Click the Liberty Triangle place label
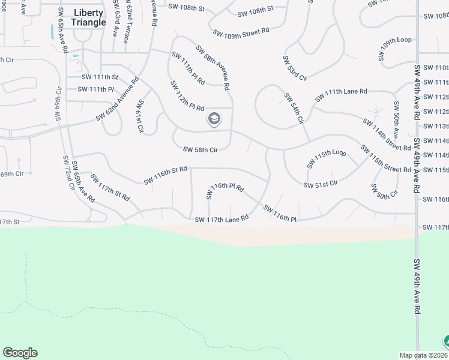pyautogui.click(x=89, y=17)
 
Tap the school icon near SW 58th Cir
pyautogui.click(x=214, y=119)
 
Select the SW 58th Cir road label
pyautogui.click(x=200, y=149)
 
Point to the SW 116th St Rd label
pyautogui.click(x=166, y=176)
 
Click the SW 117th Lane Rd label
pyautogui.click(x=221, y=220)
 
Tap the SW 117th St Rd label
pyautogui.click(x=110, y=188)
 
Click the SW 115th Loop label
pyautogui.click(x=327, y=158)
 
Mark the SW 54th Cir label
pyautogui.click(x=293, y=109)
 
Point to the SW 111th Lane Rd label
pyautogui.click(x=341, y=94)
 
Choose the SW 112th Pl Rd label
pyautogui.click(x=187, y=96)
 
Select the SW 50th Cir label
pyautogui.click(x=384, y=192)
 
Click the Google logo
pyautogui.click(x=20, y=353)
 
